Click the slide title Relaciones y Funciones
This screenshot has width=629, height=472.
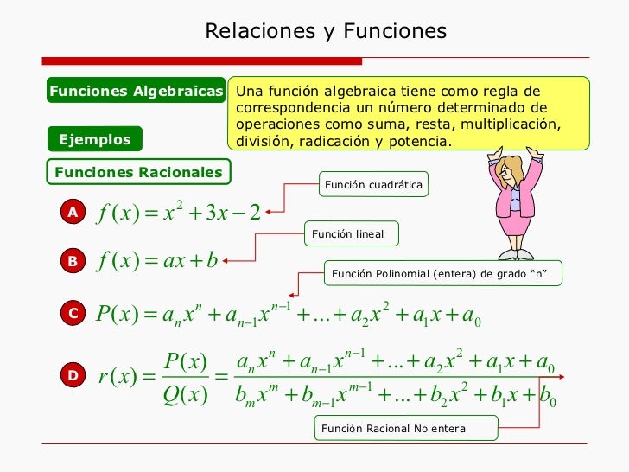(x=326, y=32)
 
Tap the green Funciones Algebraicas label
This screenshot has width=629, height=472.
(x=137, y=92)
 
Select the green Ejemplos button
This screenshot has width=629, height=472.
(x=94, y=139)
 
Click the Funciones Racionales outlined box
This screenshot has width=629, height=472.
(x=138, y=172)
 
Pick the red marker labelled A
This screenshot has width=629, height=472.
(x=73, y=212)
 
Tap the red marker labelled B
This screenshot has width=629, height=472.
(x=73, y=260)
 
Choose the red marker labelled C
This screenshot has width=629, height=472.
(x=73, y=315)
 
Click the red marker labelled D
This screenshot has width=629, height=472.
(x=73, y=375)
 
